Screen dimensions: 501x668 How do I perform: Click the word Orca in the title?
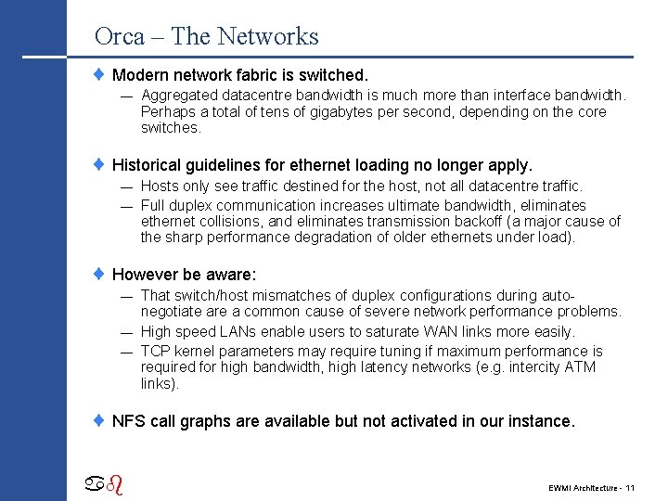[120, 36]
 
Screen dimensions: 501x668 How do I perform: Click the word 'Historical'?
[149, 165]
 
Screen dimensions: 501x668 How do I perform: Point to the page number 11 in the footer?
[629, 487]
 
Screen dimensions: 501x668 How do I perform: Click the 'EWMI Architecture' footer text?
[582, 487]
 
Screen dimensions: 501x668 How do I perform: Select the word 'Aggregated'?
[179, 96]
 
